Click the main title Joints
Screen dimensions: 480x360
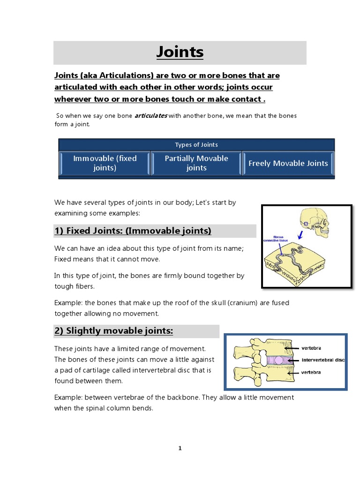tap(180, 52)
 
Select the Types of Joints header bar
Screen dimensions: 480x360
tap(196, 145)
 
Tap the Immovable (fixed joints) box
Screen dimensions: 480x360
tap(105, 163)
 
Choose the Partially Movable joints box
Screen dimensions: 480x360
tap(196, 163)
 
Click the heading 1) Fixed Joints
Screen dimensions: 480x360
tap(133, 231)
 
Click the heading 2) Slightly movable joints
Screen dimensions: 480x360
tap(113, 331)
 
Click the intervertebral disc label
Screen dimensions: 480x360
tap(323, 360)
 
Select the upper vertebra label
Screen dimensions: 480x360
tap(311, 348)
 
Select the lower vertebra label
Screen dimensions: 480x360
tap(311, 372)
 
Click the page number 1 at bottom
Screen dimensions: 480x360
tap(180, 448)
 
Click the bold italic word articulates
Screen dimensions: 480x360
tap(150, 116)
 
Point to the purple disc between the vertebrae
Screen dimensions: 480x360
tap(264, 360)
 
